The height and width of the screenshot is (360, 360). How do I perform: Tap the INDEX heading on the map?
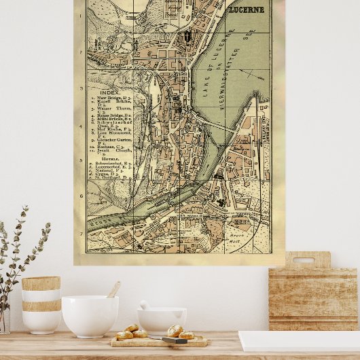point(109,91)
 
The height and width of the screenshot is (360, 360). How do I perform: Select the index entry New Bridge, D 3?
point(113,98)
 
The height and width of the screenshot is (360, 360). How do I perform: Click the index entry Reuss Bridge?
point(112,115)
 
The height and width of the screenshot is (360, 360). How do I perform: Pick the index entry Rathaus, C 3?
point(109,147)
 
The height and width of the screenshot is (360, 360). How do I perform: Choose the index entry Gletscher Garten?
point(110,141)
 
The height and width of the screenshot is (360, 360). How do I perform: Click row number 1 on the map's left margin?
point(81,14)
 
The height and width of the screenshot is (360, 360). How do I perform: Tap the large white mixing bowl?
point(90,316)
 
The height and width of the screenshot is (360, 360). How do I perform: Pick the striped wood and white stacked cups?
point(41,304)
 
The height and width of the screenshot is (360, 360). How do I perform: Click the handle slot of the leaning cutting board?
point(304,260)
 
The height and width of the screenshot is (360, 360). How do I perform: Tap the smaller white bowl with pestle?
point(162,319)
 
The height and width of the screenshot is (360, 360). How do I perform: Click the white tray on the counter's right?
point(299,340)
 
